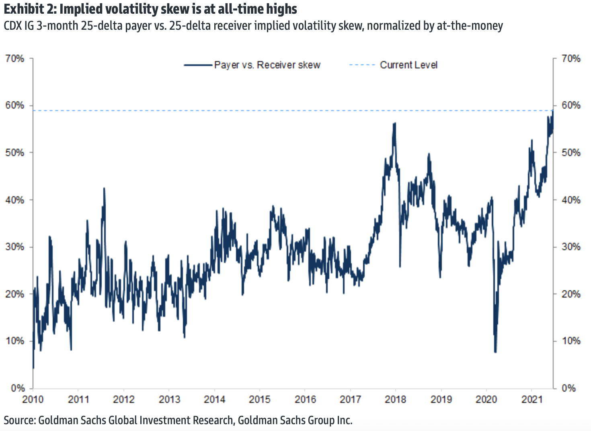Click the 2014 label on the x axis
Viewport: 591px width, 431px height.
tap(214, 399)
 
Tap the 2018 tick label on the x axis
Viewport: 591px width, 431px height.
tap(396, 399)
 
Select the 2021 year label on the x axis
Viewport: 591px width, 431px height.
tap(532, 399)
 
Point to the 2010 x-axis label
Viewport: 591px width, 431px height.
tap(33, 399)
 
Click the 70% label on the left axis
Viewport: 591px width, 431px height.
tap(14, 59)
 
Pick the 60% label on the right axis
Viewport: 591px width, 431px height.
tap(571, 105)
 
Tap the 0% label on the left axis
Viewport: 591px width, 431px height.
tap(17, 388)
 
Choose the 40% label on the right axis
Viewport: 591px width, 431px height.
tap(571, 200)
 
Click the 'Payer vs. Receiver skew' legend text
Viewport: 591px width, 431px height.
tap(267, 65)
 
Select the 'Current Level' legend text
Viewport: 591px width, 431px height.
tap(408, 65)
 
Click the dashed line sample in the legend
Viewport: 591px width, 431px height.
tap(362, 65)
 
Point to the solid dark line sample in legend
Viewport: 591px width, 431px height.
tap(198, 65)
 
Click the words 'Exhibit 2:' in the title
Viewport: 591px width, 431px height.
tap(30, 9)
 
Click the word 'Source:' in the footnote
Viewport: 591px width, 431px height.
tap(20, 421)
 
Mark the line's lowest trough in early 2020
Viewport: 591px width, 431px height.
tap(495, 352)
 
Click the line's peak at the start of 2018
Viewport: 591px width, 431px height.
tap(395, 123)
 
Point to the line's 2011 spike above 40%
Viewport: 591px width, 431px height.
tap(104, 188)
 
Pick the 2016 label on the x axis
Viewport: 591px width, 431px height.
tap(305, 399)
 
